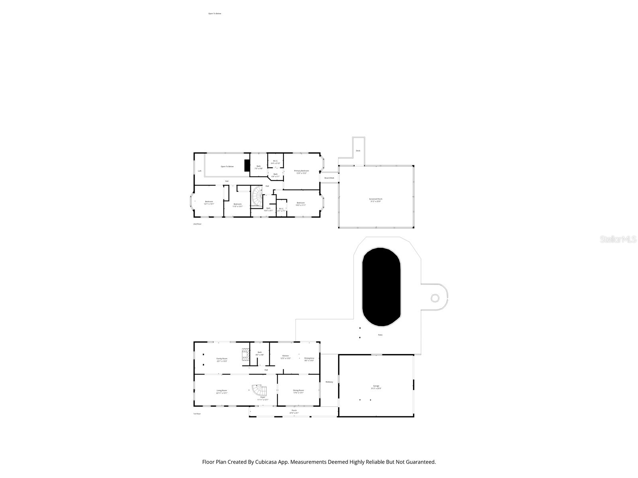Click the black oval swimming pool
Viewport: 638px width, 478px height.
(381, 287)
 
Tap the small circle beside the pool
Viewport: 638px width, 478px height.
(435, 298)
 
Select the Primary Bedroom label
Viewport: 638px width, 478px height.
(301, 170)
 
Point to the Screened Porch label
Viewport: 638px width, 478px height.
(375, 199)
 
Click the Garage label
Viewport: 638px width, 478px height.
(376, 386)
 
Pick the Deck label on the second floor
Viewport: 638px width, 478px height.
(358, 151)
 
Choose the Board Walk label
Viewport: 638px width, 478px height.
(329, 178)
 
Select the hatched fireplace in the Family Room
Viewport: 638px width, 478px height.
(245, 355)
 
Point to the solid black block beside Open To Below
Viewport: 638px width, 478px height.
(247, 166)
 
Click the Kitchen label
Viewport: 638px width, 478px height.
(286, 355)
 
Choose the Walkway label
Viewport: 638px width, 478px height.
(329, 382)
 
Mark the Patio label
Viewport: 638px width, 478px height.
(380, 335)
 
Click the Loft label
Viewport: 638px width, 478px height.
(200, 171)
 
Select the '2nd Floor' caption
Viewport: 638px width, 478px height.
(197, 224)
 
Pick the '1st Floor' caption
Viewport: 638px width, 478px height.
(197, 413)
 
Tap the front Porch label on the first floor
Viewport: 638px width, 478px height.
(294, 410)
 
